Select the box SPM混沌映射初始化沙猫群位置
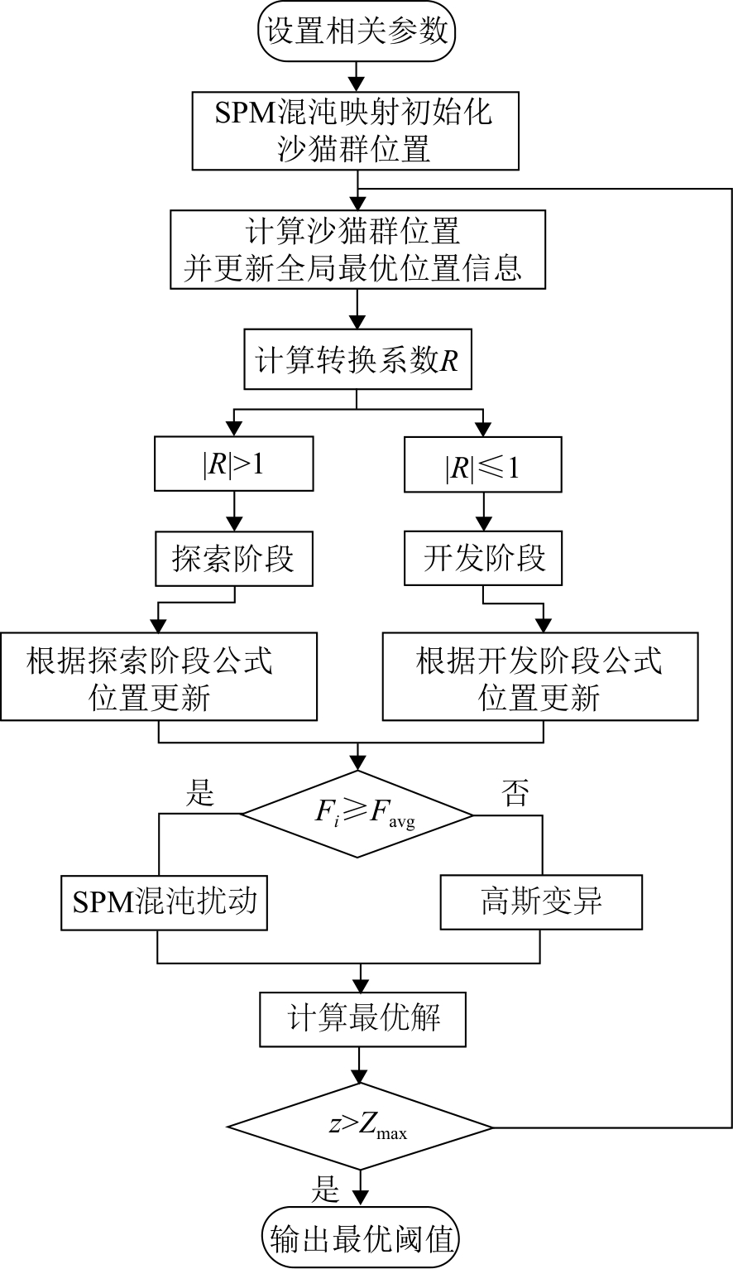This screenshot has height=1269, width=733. tap(357, 130)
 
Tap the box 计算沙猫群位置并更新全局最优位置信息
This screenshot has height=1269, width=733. tap(357, 249)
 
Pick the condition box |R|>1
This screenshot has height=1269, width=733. tap(234, 464)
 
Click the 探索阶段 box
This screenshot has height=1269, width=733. tap(234, 559)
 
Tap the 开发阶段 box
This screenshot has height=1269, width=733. tap(482, 559)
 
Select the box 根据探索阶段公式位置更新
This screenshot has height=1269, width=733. tap(158, 676)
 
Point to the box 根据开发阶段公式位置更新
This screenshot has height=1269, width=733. tap(539, 676)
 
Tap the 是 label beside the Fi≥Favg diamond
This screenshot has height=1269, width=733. tap(199, 795)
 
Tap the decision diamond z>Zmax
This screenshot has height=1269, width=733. tap(361, 1127)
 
